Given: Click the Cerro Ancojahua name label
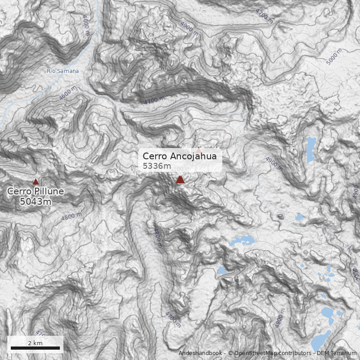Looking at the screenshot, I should [x=180, y=156].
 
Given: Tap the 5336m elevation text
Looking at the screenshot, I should [x=157, y=166].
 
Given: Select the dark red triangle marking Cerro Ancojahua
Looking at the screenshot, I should [x=180, y=180].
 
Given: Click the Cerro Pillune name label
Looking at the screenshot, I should [x=36, y=191].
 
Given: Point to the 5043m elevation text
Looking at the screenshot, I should [x=36, y=201].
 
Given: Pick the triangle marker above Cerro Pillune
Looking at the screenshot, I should [x=36, y=181].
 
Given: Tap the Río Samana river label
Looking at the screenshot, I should [x=63, y=71].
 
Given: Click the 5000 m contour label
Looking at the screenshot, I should [x=334, y=57].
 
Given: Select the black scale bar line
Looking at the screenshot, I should [x=35, y=348].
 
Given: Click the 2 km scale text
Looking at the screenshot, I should [x=35, y=343].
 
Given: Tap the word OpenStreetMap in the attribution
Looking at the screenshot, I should [x=255, y=353].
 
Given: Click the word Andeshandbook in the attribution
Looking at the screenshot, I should [x=200, y=353].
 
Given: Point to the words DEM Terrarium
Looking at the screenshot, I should [x=336, y=353].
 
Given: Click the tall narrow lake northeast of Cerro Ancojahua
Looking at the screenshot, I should [x=310, y=150].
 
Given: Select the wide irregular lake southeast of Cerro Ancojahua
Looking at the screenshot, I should [x=241, y=240].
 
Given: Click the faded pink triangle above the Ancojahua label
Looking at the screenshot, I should [x=198, y=149].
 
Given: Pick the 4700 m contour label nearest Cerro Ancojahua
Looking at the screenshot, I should [x=153, y=99].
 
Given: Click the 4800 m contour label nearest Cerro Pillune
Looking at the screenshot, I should [x=72, y=216].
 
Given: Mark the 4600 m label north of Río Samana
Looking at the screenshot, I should [x=86, y=22].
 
